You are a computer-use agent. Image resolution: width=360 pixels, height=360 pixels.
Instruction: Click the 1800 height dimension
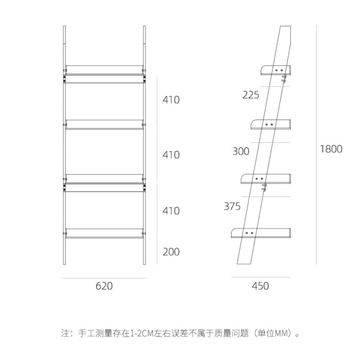(x=331, y=149)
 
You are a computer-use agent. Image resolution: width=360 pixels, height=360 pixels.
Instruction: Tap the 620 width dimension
(x=104, y=286)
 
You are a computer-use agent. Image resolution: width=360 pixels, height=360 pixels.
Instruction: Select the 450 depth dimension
(x=261, y=286)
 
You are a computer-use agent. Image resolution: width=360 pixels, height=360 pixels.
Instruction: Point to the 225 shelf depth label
(x=251, y=95)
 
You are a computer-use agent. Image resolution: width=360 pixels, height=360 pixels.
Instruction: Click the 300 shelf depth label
(x=241, y=151)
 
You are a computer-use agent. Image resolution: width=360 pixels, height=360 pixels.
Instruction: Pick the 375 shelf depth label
(x=232, y=207)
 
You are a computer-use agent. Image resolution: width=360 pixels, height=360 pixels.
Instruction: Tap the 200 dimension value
(x=171, y=252)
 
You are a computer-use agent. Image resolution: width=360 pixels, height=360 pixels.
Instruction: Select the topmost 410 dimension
(x=171, y=100)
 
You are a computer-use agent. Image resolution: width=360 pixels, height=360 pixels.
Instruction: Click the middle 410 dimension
(x=171, y=155)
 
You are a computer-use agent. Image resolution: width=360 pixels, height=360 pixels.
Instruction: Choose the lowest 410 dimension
(x=171, y=211)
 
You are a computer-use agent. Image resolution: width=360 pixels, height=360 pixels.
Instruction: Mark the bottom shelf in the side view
(x=261, y=233)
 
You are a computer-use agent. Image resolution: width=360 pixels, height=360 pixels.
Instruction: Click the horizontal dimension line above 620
(x=104, y=278)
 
